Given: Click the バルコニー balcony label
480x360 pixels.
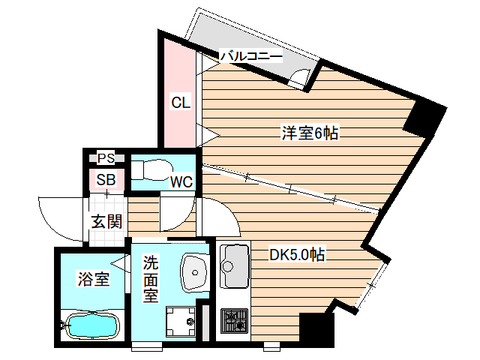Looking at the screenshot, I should (x=250, y=56).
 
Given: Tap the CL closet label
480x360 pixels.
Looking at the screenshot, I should (x=180, y=103).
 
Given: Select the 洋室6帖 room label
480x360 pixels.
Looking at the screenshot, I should (x=310, y=133).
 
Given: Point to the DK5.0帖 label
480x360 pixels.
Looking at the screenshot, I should (x=297, y=255).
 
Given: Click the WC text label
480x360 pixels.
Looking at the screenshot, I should (x=181, y=181).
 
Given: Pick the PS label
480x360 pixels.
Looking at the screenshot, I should (x=106, y=158).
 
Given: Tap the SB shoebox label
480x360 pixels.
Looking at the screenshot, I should (x=106, y=180).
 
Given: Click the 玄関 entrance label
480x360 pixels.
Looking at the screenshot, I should (x=106, y=222).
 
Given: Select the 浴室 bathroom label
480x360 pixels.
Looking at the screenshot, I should (x=94, y=280).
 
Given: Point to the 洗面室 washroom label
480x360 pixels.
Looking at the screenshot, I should (x=151, y=279).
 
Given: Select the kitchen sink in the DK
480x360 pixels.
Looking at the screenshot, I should (x=235, y=268).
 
